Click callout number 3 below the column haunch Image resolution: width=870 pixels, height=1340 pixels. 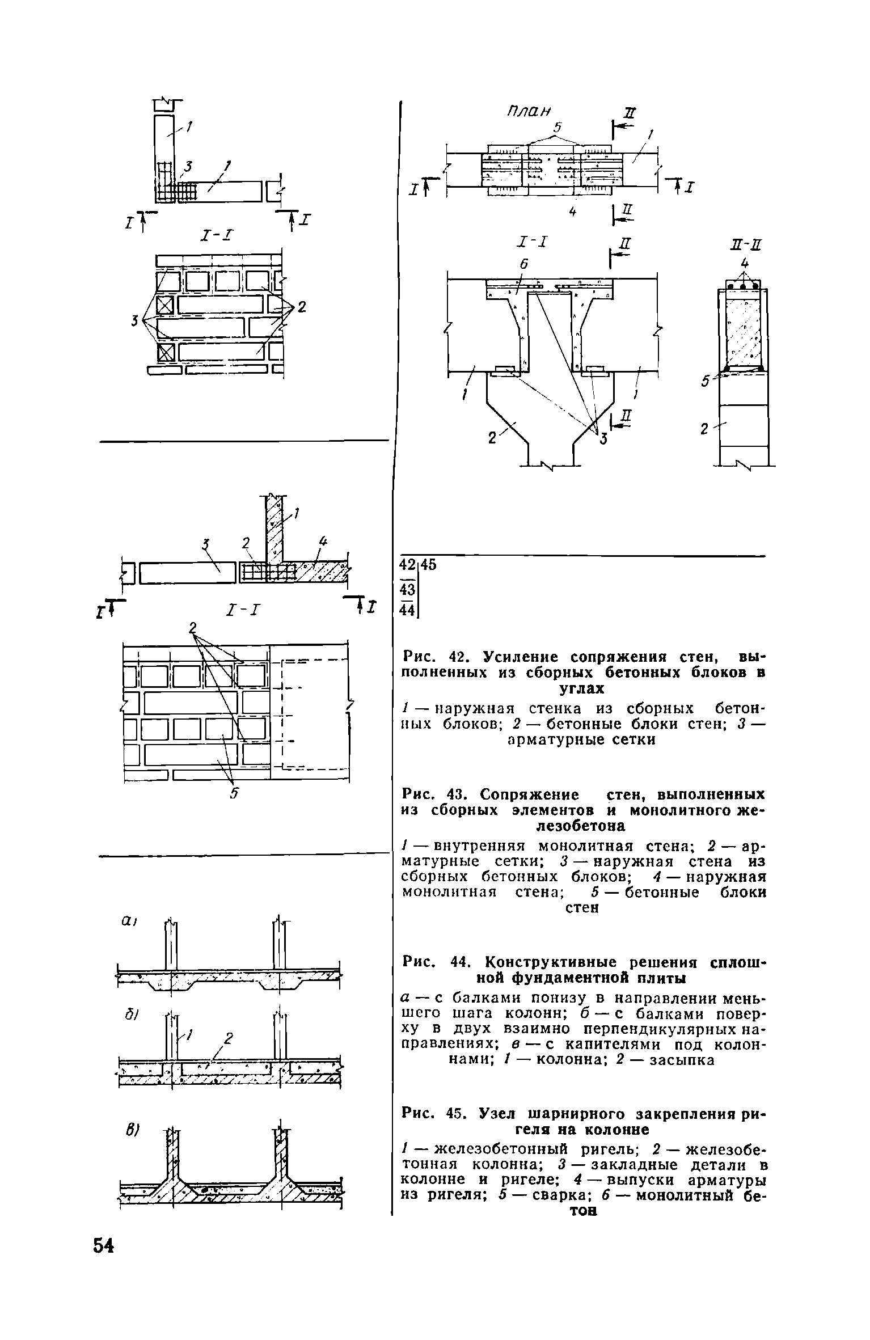603,438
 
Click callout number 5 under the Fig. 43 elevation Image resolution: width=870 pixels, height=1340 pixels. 233,794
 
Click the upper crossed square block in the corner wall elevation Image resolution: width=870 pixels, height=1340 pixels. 164,305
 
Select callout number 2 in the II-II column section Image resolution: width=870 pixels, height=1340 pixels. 704,429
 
